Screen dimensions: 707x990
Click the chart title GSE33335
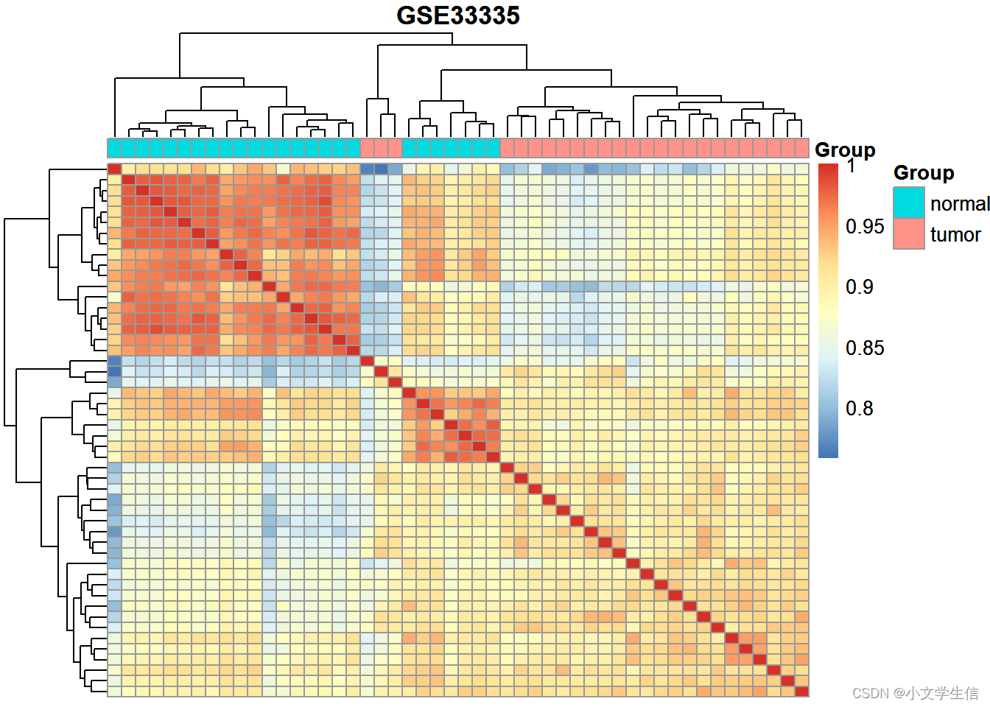pos(458,15)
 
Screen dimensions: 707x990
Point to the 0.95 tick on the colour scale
pos(864,226)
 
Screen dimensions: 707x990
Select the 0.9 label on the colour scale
pos(859,286)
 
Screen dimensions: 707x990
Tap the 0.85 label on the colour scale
pos(864,348)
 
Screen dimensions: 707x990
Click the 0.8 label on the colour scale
pos(859,408)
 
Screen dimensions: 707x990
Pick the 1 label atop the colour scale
pos(851,166)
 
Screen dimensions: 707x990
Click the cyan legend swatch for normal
pos(908,203)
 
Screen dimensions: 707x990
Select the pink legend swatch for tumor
pos(908,234)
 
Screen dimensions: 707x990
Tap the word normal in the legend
pos(959,203)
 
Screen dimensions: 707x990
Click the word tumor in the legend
pos(955,235)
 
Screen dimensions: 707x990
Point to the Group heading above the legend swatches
pos(924,173)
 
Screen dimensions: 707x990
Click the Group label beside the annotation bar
pos(845,150)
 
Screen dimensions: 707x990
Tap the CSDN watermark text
pos(915,693)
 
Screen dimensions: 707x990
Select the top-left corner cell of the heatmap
pos(115,169)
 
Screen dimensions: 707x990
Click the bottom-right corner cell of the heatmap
pos(801,692)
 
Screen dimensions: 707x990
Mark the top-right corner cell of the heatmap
pos(801,169)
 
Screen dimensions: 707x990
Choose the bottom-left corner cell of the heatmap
pos(115,692)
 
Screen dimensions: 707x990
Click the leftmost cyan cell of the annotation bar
pos(115,148)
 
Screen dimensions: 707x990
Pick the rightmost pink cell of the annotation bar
pos(801,148)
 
